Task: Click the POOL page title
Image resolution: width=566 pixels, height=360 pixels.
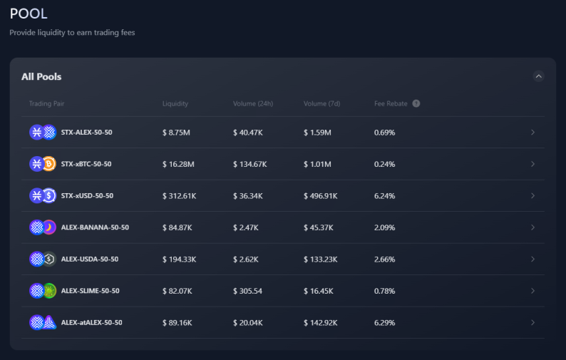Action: coord(29,14)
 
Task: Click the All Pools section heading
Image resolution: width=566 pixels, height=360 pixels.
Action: coord(41,76)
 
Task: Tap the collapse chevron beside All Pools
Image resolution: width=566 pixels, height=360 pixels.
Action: coord(538,76)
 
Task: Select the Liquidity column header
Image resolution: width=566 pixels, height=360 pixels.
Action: coord(175,103)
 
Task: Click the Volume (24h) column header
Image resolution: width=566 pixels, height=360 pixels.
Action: coord(252,103)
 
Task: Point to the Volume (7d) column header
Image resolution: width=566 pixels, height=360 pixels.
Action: coord(321,103)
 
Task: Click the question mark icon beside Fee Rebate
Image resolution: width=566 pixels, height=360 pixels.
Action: coord(416,103)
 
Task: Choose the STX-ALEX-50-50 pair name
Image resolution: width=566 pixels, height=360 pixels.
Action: coord(87,132)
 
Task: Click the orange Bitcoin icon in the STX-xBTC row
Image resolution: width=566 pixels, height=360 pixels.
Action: coord(49,164)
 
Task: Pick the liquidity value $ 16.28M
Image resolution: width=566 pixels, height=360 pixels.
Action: coord(178,164)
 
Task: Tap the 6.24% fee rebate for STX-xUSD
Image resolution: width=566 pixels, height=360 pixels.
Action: coord(384,196)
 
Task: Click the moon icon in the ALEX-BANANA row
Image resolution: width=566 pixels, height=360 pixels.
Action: coord(49,227)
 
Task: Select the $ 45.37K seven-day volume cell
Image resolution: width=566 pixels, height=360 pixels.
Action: coord(318,227)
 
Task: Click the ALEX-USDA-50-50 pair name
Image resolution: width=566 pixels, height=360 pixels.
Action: coord(90,259)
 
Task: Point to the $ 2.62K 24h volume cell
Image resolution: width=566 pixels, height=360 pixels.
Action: coord(245,259)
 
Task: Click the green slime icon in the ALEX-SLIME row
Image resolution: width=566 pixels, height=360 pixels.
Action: coord(49,291)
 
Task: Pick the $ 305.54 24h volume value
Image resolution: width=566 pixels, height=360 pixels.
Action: coord(247,291)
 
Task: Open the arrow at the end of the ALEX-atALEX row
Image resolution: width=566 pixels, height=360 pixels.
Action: coord(532,322)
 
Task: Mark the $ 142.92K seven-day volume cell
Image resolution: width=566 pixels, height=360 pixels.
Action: coord(320,323)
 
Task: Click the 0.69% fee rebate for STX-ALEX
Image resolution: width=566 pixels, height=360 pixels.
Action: coord(384,133)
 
